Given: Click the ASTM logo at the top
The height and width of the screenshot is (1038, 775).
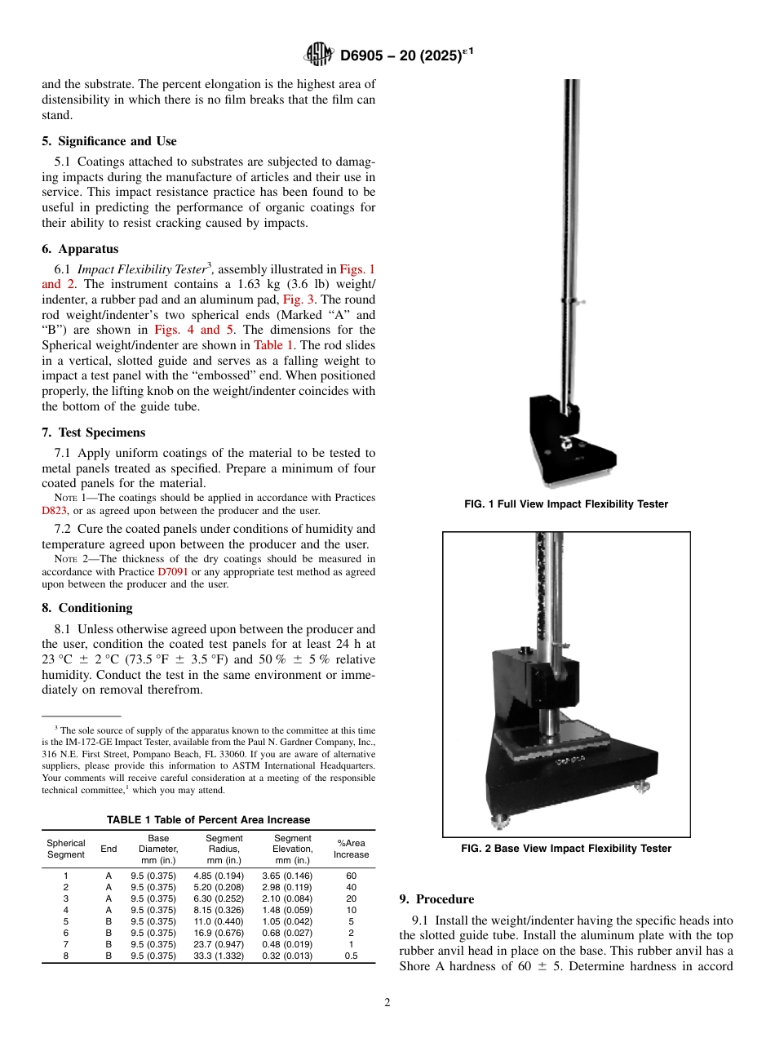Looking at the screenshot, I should pyautogui.click(x=318, y=55).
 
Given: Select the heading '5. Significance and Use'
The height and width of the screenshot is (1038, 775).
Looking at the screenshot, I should pyautogui.click(x=109, y=141).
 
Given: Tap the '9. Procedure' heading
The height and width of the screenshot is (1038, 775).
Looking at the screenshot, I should pyautogui.click(x=436, y=899).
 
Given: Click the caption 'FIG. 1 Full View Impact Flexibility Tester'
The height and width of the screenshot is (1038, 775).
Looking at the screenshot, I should pyautogui.click(x=566, y=504).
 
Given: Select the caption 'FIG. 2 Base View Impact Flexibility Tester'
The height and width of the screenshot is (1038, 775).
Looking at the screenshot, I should pyautogui.click(x=566, y=849).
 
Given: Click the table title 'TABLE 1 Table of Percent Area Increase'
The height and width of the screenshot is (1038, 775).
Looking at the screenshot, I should pyautogui.click(x=209, y=820).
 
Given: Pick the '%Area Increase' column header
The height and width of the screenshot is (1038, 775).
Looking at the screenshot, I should pyautogui.click(x=351, y=849).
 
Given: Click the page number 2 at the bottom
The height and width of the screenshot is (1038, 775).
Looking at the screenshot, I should pyautogui.click(x=387, y=1003).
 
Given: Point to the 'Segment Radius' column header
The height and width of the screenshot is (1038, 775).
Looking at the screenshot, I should pyautogui.click(x=224, y=849).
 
